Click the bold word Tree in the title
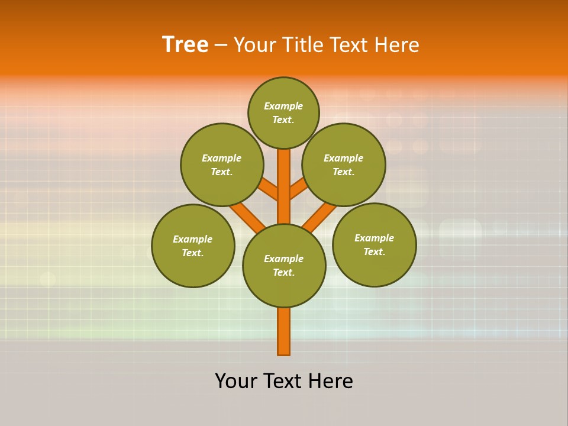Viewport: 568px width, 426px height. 185,44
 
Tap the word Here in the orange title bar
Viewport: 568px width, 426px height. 396,44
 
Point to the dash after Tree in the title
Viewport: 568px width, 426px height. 221,46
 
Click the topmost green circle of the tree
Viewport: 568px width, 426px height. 283,112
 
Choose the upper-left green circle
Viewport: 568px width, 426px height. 222,164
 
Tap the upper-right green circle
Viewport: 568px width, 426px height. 344,164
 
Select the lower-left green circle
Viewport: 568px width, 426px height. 193,246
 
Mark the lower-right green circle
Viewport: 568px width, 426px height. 374,244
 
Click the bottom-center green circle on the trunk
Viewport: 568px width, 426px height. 284,266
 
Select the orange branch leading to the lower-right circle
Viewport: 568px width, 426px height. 319,217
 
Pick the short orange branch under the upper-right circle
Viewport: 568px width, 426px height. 298,189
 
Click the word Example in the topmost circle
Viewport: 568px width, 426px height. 283,106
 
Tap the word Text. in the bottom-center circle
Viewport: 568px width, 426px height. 283,273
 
